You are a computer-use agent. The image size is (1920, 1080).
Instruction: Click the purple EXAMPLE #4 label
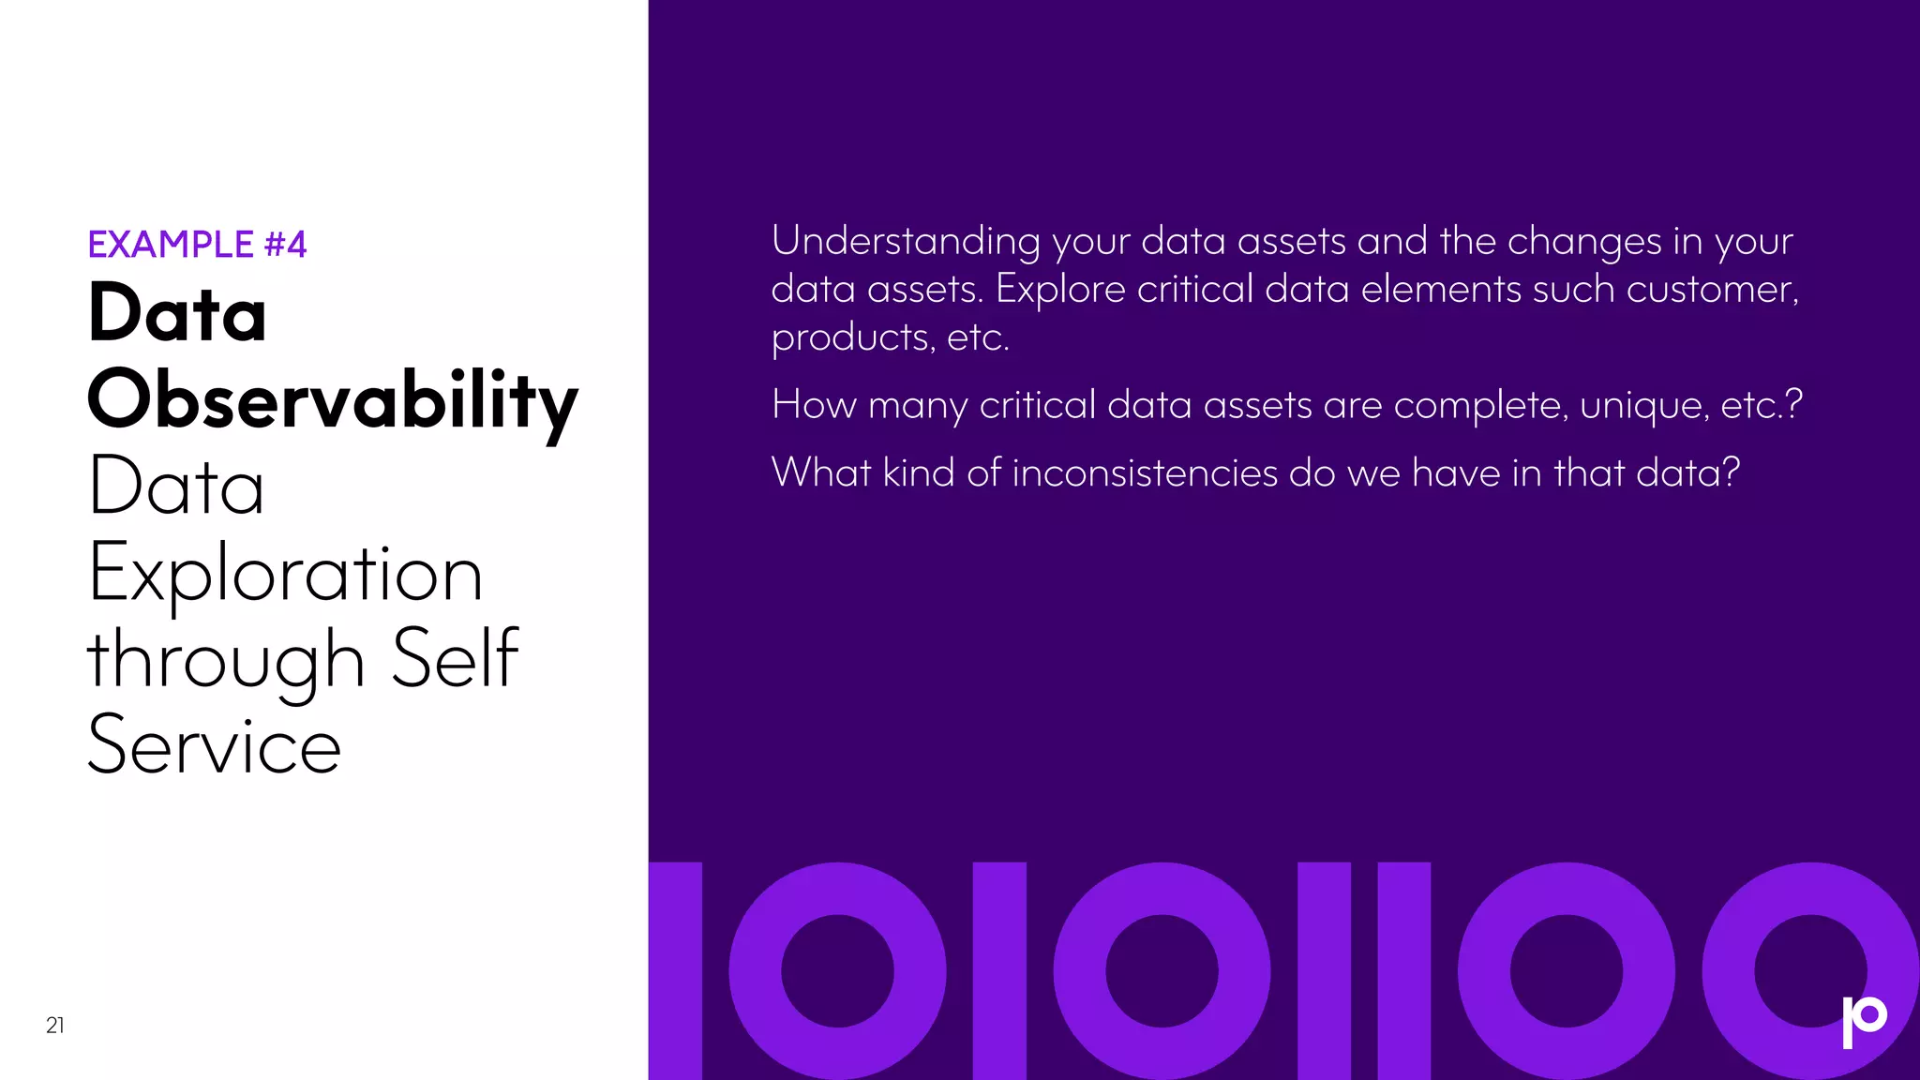pyautogui.click(x=197, y=245)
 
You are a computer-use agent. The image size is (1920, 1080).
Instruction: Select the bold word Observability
pyautogui.click(x=332, y=401)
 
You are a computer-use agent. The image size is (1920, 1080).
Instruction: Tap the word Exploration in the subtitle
pyautogui.click(x=285, y=574)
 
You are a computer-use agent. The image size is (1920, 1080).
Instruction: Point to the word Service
pyautogui.click(x=214, y=746)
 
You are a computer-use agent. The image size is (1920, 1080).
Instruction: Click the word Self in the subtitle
pyautogui.click(x=455, y=659)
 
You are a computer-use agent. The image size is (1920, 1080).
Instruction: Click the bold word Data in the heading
pyautogui.click(x=177, y=313)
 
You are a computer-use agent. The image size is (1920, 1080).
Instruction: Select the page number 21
pyautogui.click(x=55, y=1026)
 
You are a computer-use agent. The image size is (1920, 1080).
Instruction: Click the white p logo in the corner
pyautogui.click(x=1864, y=1021)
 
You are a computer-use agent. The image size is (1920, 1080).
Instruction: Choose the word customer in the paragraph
pyautogui.click(x=1712, y=290)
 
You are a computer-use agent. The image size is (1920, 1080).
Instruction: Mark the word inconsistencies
pyautogui.click(x=1145, y=472)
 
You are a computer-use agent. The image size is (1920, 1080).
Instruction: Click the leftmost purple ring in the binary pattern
pyautogui.click(x=837, y=971)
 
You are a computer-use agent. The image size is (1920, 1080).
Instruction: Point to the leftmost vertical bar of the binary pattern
pyautogui.click(x=675, y=971)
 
